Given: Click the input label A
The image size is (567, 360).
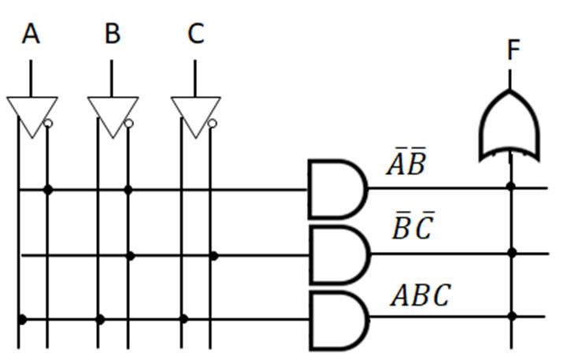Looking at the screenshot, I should (31, 34).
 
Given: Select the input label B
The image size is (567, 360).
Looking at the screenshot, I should (113, 34).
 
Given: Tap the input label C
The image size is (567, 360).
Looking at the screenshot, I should (195, 34).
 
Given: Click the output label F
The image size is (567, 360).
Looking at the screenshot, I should (513, 51).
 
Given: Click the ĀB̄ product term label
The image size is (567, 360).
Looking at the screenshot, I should (406, 165).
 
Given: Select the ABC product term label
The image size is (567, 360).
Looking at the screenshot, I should (421, 295).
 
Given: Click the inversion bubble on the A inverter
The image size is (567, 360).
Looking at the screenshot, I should (48, 124).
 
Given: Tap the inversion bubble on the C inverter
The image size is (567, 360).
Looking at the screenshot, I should (212, 124).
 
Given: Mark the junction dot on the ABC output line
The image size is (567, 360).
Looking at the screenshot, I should (511, 317).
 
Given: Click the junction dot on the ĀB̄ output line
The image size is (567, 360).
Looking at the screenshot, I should (511, 187).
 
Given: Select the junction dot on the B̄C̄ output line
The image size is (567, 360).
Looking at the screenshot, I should (511, 253).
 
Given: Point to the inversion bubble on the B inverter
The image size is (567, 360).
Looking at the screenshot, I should (129, 124).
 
